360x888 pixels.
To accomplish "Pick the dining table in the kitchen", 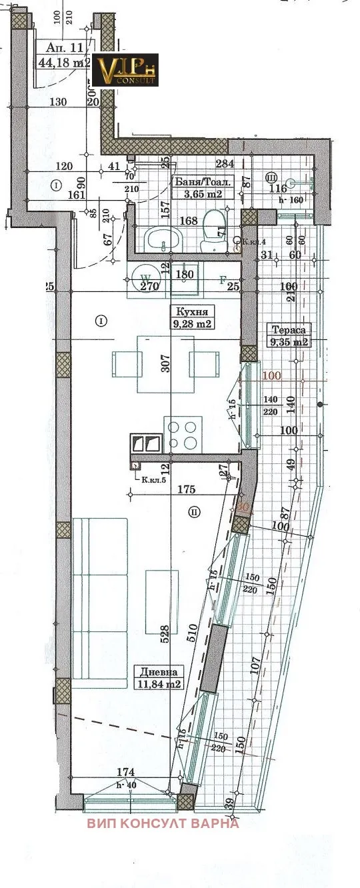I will pyautogui.click(x=165, y=364).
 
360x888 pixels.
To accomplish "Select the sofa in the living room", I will pyautogui.click(x=99, y=603).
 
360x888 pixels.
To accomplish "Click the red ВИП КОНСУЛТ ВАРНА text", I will pyautogui.click(x=163, y=823).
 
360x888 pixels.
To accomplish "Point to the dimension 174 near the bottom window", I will pyautogui.click(x=125, y=772).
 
